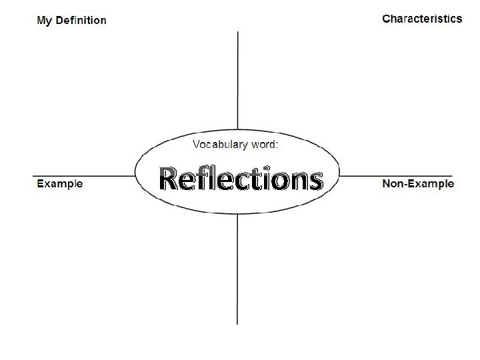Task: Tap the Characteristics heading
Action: tap(421, 19)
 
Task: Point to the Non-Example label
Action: tap(417, 183)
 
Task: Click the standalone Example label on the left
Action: tap(59, 183)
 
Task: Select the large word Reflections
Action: tap(241, 179)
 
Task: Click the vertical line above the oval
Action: tap(238, 80)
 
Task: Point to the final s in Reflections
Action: tap(316, 181)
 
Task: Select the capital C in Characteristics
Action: tap(386, 19)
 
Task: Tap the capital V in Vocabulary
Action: tap(197, 145)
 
